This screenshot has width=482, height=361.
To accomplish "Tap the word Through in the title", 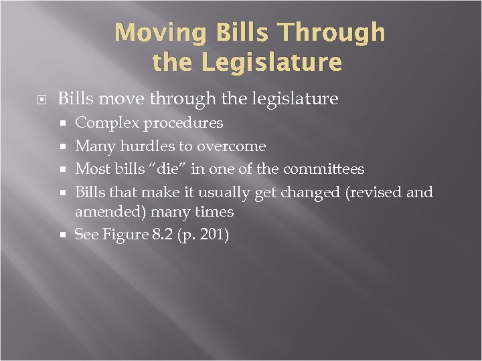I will (x=331, y=32).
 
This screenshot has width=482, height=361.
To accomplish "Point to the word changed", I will (x=307, y=193).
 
